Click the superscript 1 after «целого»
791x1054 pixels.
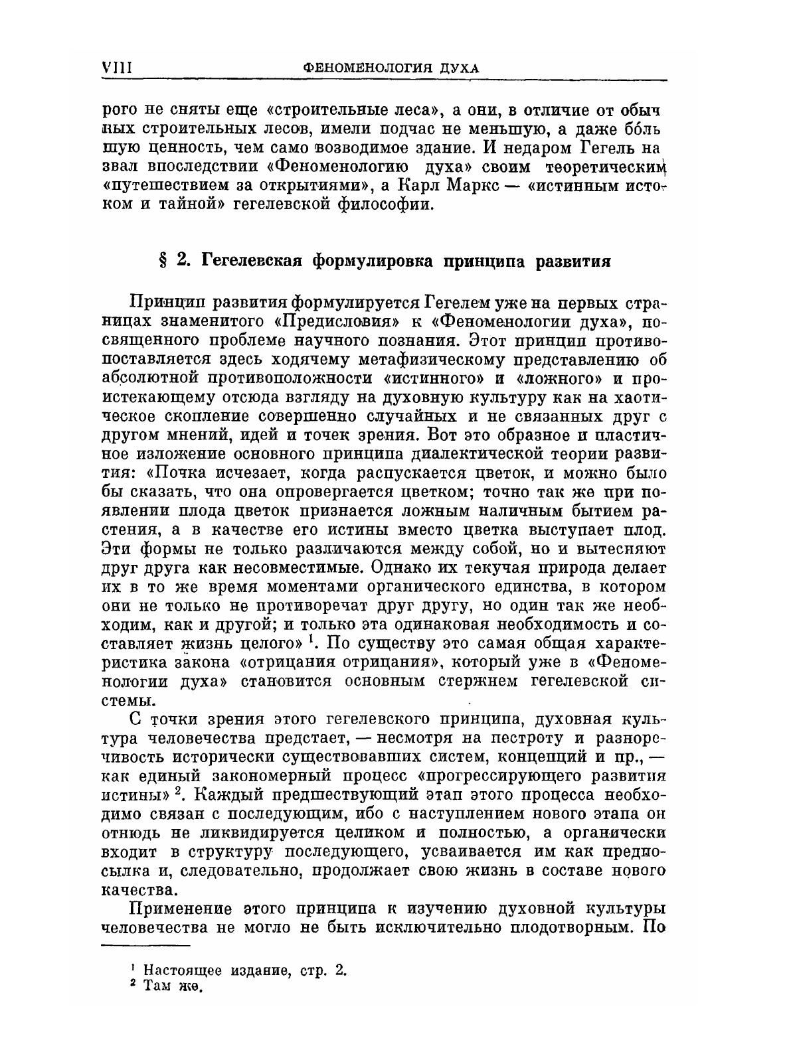(311, 640)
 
